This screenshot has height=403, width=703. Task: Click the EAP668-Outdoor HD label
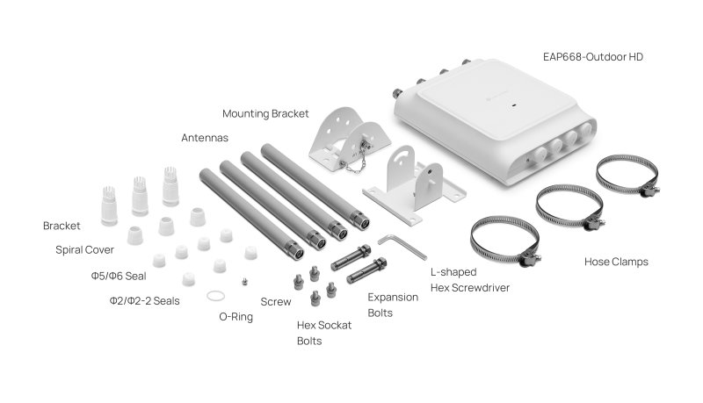click(x=592, y=57)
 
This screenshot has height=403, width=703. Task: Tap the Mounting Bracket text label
click(x=265, y=114)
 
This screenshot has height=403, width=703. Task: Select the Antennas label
click(x=205, y=138)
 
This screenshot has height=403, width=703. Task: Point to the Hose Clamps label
click(x=616, y=262)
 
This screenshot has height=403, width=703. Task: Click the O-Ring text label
click(x=236, y=317)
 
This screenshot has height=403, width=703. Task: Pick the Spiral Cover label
click(x=84, y=250)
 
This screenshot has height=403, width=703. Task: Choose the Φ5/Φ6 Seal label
click(x=119, y=276)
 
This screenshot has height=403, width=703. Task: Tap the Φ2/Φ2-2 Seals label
click(x=144, y=301)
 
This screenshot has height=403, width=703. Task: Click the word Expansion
click(x=393, y=298)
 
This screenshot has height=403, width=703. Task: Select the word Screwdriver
click(x=484, y=287)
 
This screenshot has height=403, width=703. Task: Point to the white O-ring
click(x=215, y=296)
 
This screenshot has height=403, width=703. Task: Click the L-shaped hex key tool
click(x=402, y=246)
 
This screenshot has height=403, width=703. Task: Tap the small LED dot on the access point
click(x=514, y=106)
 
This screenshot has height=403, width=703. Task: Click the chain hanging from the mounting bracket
click(x=353, y=162)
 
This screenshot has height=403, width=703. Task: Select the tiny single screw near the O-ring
click(x=244, y=281)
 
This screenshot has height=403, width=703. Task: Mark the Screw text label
click(x=276, y=302)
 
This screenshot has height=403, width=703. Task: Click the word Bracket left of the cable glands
click(x=62, y=226)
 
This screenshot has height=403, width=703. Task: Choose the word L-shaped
click(x=453, y=272)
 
